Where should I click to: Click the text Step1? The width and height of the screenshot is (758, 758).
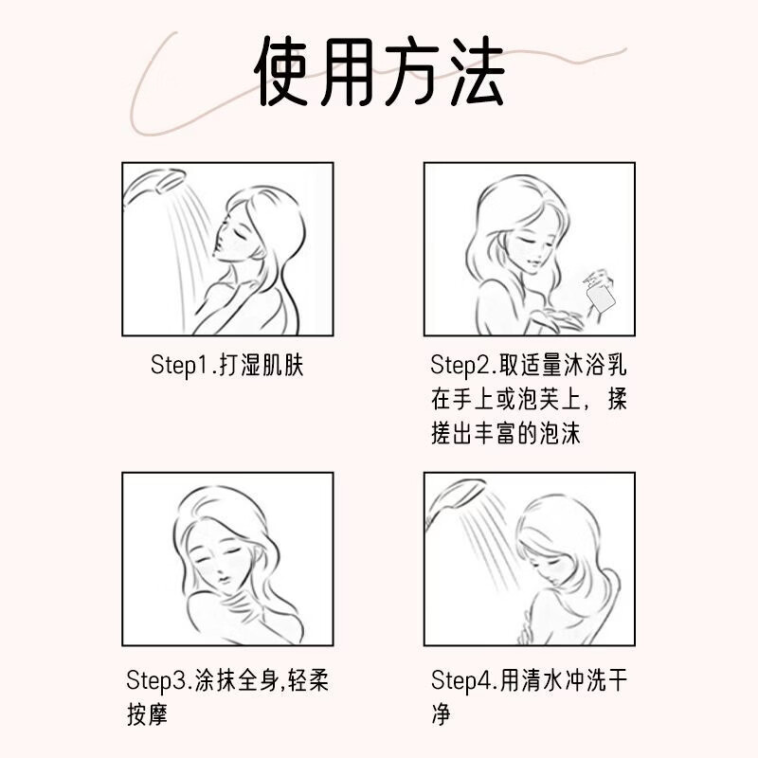[x=180, y=366]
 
